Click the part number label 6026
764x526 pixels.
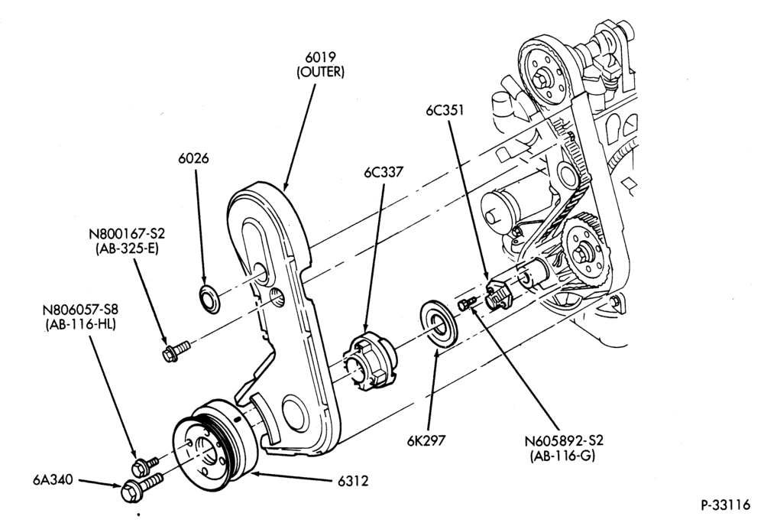point(193,158)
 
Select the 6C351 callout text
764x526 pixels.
point(445,111)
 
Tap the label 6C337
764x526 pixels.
point(384,172)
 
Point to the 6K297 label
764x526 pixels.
point(426,440)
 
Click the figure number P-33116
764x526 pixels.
point(726,505)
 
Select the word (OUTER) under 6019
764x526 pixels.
point(320,72)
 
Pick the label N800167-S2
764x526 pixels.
point(127,233)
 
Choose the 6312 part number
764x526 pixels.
point(353,481)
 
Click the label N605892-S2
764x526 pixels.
point(564,440)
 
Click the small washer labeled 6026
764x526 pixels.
point(210,300)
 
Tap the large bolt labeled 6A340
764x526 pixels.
point(141,488)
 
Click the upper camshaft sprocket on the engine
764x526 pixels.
point(545,74)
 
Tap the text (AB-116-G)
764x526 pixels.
point(563,456)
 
